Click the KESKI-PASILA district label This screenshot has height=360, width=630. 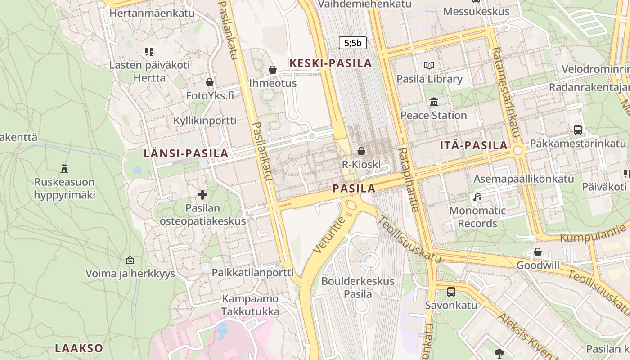click(331, 63)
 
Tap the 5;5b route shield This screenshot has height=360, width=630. click(353, 43)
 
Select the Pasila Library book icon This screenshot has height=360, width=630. click(429, 66)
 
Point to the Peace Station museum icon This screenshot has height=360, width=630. click(434, 102)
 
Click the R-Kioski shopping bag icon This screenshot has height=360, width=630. click(361, 151)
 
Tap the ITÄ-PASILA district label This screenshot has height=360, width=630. click(474, 145)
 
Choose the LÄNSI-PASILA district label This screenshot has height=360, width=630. click(186, 153)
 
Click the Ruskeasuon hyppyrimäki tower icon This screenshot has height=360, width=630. click(64, 169)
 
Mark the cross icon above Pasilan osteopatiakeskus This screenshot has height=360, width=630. click(202, 195)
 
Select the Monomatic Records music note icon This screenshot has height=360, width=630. click(477, 197)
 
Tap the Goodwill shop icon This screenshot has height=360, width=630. click(537, 252)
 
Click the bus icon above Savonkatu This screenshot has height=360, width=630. click(451, 292)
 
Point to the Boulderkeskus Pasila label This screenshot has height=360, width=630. click(358, 288)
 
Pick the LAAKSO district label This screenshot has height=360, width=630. click(79, 348)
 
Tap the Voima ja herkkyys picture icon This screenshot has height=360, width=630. click(130, 260)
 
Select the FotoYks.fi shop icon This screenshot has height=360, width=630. click(210, 82)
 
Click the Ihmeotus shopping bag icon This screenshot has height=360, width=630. click(272, 70)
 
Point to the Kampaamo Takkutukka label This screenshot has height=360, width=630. click(251, 305)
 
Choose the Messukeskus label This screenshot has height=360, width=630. click(476, 11)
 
